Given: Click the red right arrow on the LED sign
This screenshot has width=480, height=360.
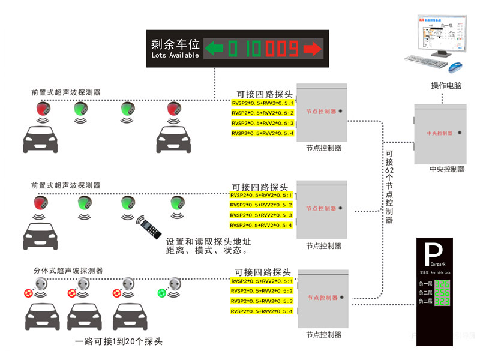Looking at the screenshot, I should tap(311, 47).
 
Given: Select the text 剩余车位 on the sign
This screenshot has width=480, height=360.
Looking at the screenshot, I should tap(175, 44).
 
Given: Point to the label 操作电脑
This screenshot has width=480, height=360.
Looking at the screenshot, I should tap(446, 86).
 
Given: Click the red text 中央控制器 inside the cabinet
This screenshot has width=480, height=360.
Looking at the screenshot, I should tap(440, 133).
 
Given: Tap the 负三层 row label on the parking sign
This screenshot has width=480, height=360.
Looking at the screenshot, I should tap(425, 301).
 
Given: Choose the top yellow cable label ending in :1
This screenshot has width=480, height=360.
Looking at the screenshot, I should tap(262, 103).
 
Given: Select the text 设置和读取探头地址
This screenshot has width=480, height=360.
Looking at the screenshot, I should tap(208, 241).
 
